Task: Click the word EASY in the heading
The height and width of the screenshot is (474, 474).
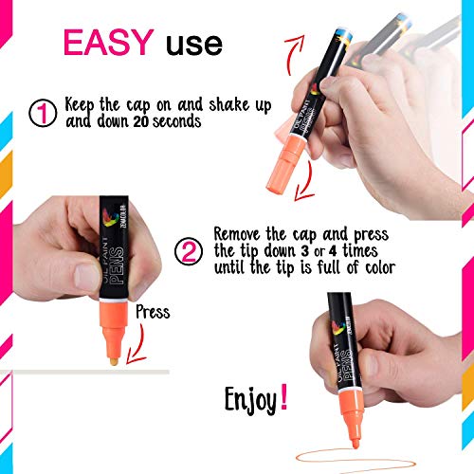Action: coord(107,42)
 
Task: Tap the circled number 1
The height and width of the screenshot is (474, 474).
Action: coord(44,113)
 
